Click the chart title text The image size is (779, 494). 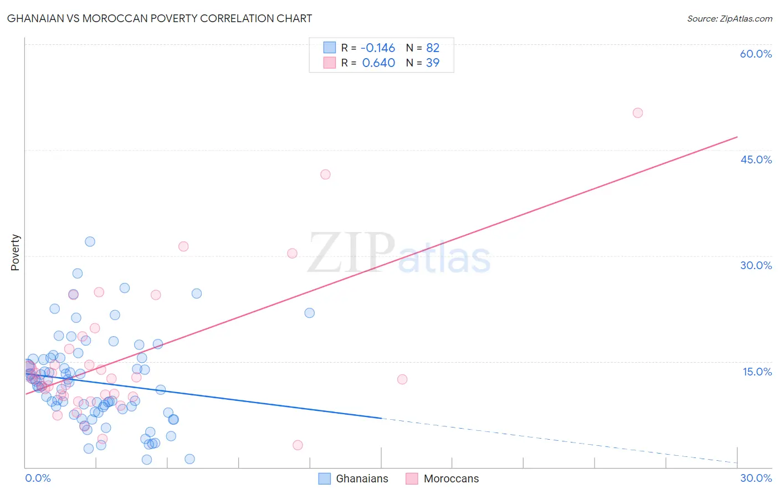160,18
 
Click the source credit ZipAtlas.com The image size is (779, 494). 729,18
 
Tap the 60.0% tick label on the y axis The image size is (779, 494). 756,54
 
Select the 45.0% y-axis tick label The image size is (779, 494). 756,159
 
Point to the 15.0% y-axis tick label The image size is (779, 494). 757,371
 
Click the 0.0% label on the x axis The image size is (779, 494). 38,478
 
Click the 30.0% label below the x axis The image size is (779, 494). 756,478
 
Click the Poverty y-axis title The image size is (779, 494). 15,253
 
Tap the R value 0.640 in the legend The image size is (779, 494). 378,63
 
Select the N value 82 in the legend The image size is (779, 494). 433,48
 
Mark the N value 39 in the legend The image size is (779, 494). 433,63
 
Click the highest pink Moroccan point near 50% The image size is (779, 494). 638,113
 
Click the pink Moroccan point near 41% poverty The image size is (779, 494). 325,174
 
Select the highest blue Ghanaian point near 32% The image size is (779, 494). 90,241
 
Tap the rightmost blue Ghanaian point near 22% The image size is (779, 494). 310,313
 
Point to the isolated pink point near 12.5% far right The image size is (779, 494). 402,379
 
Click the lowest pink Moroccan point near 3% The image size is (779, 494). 298,445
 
